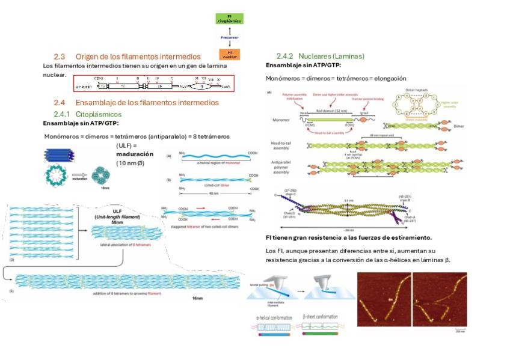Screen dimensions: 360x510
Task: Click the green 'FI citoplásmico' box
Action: pos(229,18)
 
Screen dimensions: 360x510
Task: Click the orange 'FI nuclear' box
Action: pos(229,54)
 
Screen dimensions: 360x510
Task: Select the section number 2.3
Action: pos(59,56)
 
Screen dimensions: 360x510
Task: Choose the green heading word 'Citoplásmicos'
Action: pos(99,114)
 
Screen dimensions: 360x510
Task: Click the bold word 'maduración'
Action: pos(135,154)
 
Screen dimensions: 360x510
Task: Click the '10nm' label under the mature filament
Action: pos(105,188)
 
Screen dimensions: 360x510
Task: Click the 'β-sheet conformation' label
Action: pos(319,317)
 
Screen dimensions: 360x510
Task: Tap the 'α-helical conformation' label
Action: pos(274,317)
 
